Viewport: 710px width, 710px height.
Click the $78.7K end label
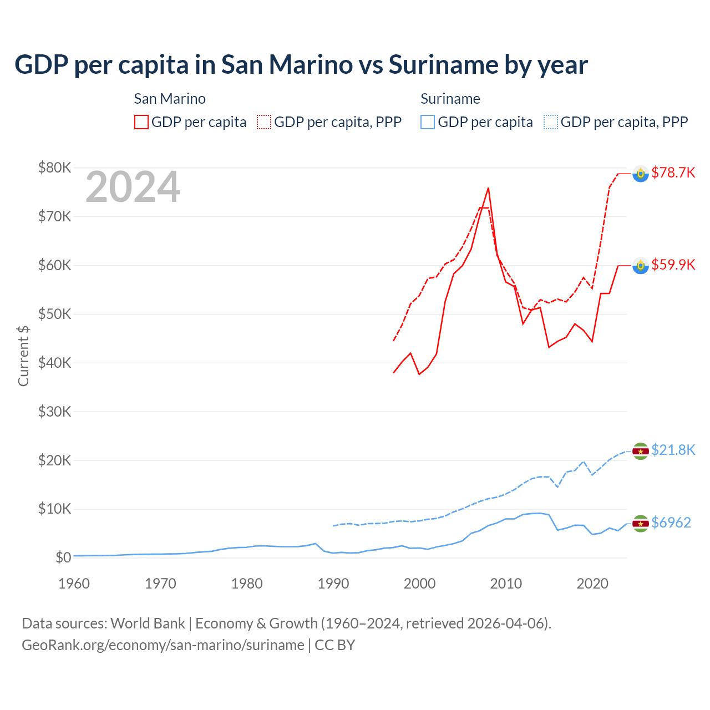click(673, 173)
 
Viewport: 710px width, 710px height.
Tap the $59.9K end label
click(673, 265)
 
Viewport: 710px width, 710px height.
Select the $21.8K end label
click(673, 450)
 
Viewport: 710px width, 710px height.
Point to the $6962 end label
click(671, 523)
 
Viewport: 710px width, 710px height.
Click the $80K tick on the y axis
click(54, 168)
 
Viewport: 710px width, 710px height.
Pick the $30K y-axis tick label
click(54, 412)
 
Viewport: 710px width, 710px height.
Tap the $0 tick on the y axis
click(63, 557)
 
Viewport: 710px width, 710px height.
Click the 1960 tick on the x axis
click(74, 584)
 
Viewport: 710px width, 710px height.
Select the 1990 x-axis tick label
click(333, 584)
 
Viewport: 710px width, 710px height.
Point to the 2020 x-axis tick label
click(592, 584)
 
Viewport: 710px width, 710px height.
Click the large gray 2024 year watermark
click(133, 187)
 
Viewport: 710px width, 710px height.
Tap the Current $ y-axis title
click(23, 356)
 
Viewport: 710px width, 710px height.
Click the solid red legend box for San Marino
click(141, 122)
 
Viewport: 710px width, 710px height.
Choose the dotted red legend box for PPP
click(264, 122)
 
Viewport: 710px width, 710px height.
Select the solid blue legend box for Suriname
click(428, 122)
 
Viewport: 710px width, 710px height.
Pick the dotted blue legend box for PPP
click(551, 122)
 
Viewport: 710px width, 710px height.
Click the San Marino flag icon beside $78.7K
click(641, 174)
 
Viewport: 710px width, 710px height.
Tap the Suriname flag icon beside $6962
click(641, 523)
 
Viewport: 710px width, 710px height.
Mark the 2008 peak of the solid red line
click(488, 188)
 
